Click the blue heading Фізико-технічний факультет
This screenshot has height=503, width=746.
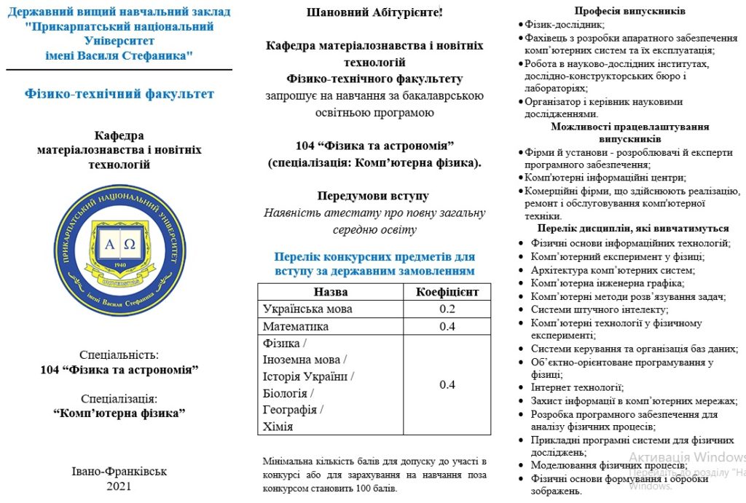119,94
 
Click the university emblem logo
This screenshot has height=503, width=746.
119,250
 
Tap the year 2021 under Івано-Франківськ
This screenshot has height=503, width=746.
119,486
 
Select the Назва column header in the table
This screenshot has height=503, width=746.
330,292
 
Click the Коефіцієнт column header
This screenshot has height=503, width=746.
447,292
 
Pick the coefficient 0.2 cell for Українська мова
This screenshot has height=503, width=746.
447,309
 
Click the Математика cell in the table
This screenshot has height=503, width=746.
296,326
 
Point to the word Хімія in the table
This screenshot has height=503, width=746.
278,427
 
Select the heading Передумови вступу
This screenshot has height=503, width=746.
373,196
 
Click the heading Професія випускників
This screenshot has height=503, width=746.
629,11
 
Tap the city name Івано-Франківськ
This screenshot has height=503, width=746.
119,471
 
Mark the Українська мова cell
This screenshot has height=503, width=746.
307,309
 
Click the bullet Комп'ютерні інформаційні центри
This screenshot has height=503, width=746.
605,178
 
